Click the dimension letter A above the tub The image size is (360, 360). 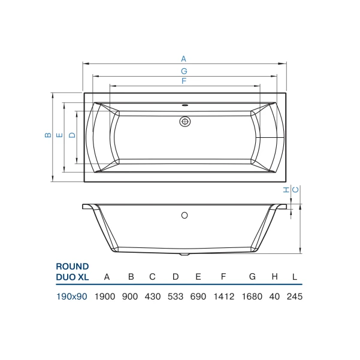[x=183, y=59]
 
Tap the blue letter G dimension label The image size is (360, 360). [x=184, y=71]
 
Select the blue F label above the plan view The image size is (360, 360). [x=184, y=81]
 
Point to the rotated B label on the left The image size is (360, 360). [x=48, y=135]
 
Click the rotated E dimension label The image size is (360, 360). [x=59, y=135]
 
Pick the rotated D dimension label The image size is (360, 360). [x=72, y=135]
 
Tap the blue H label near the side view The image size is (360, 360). [x=286, y=190]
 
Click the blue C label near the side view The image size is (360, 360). [x=295, y=190]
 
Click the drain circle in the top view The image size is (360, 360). [x=185, y=122]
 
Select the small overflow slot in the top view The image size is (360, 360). [x=185, y=105]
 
